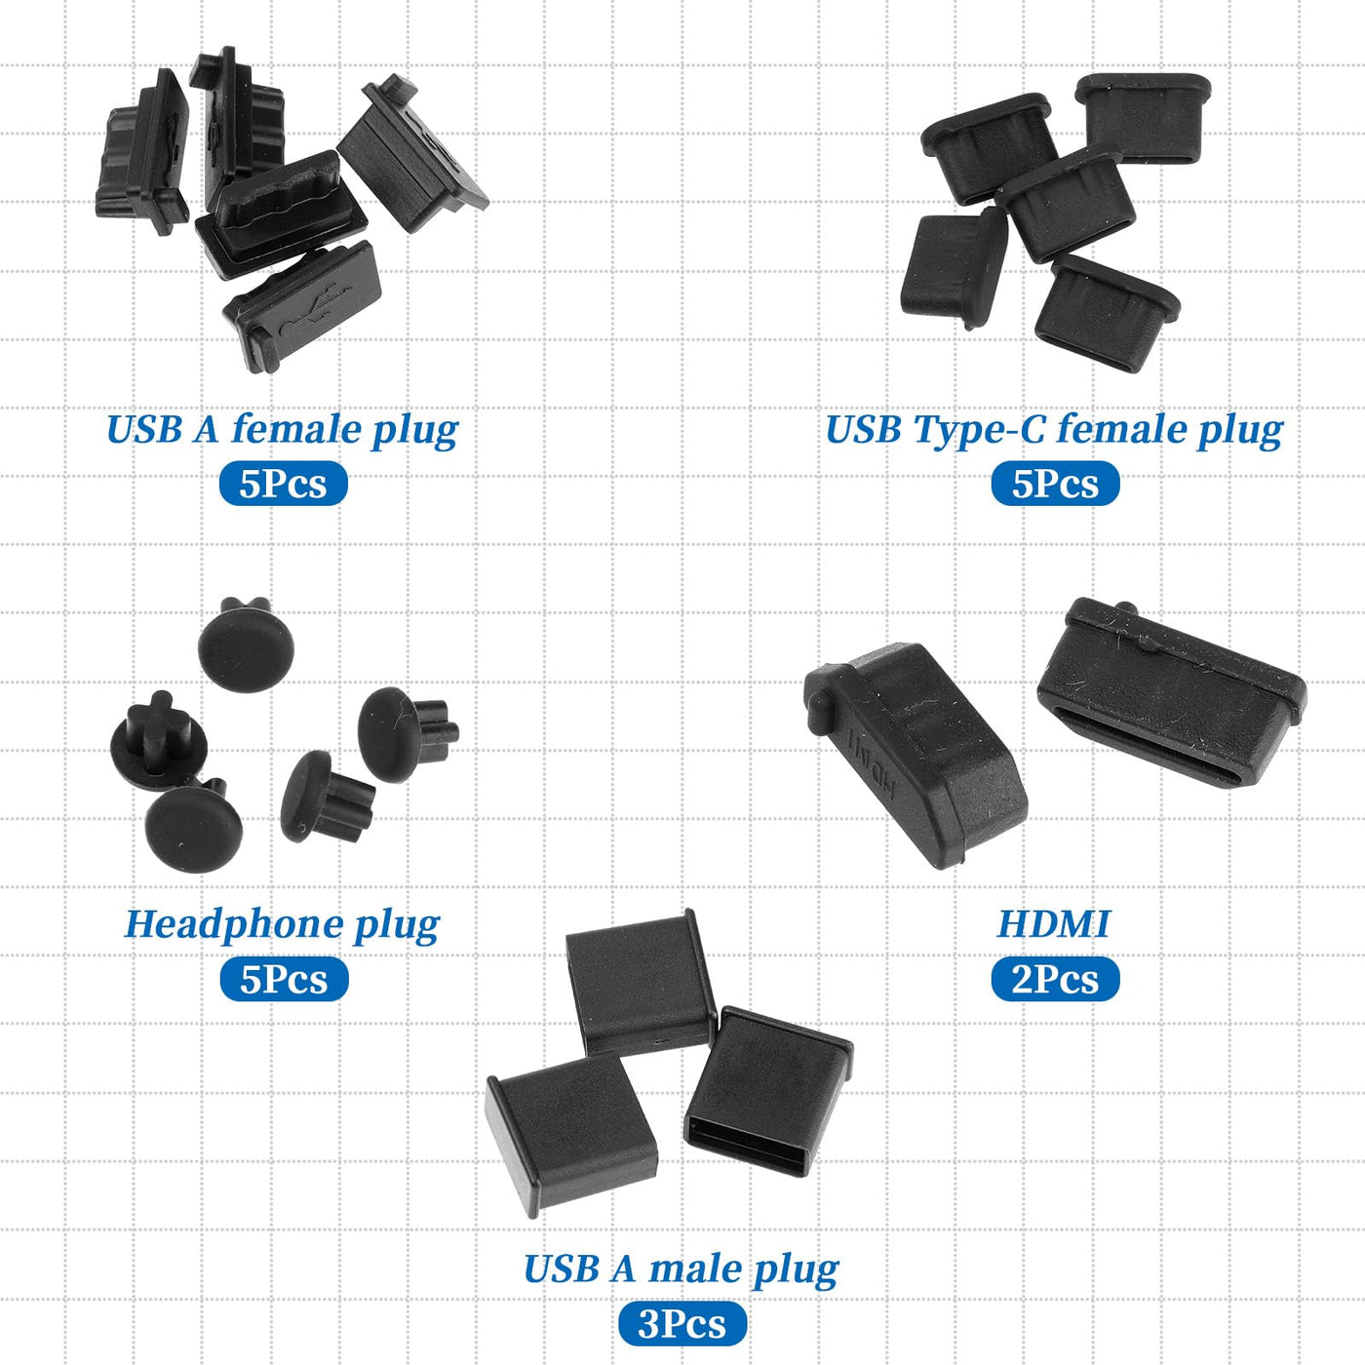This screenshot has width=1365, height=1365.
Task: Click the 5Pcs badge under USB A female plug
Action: [x=284, y=485]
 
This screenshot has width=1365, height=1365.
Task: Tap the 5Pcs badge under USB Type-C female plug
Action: [x=1055, y=485]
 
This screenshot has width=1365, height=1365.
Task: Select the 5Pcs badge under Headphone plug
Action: [x=284, y=979]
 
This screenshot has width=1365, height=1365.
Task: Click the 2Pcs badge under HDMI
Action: [x=1055, y=979]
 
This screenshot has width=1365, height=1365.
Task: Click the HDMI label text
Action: [x=1053, y=923]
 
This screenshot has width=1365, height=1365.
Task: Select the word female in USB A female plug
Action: [x=297, y=429]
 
